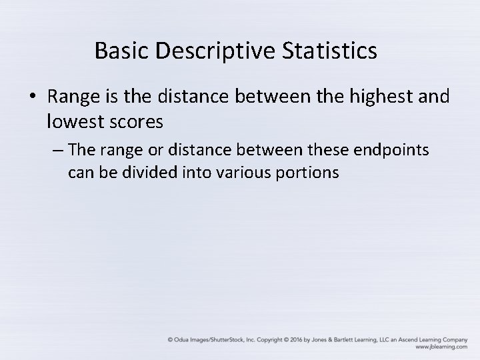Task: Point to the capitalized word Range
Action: pos(73,97)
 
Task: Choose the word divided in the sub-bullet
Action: pos(150,173)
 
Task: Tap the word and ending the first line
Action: pos(436,97)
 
